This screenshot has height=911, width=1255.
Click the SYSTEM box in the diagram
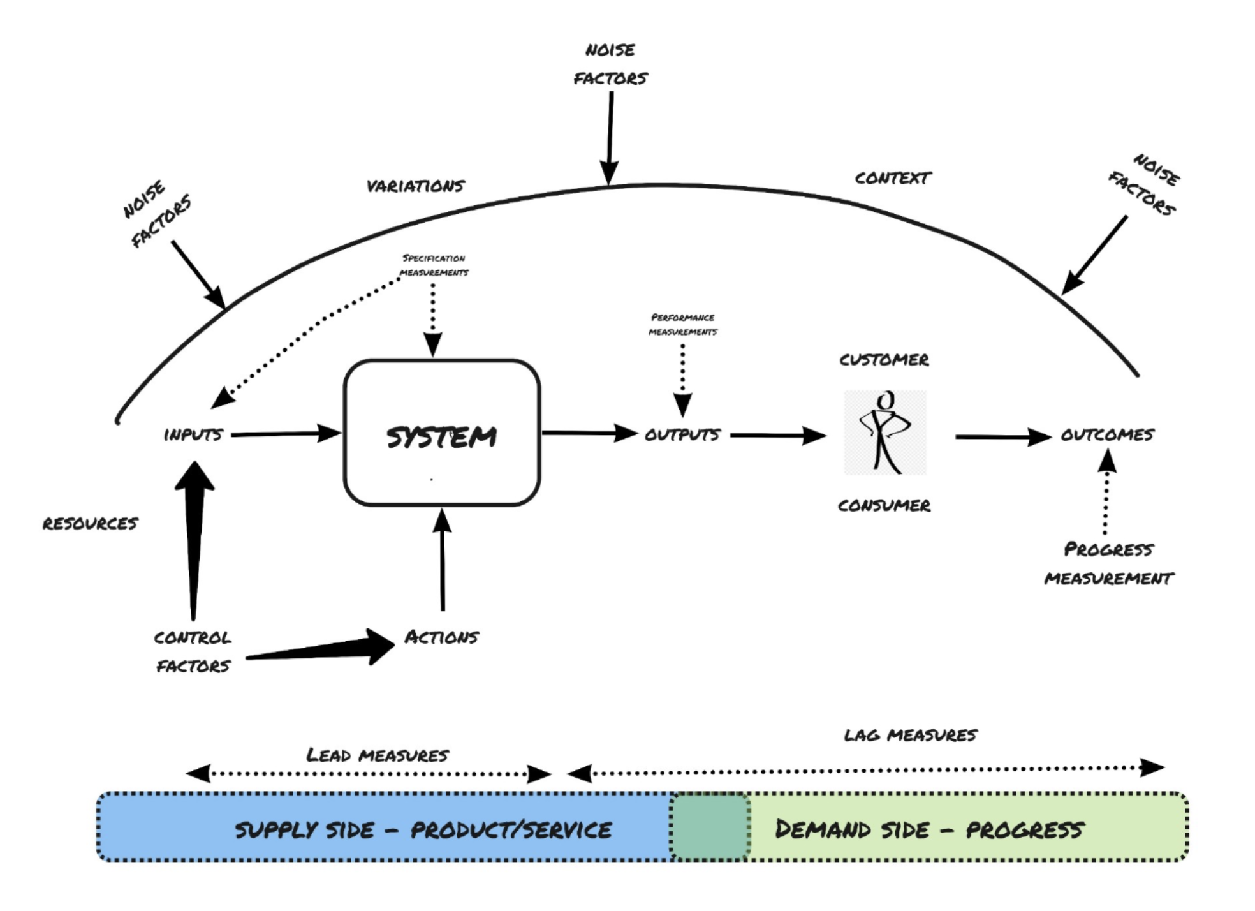[441, 433]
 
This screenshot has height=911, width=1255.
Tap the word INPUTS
[193, 434]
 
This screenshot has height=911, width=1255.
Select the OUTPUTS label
[682, 434]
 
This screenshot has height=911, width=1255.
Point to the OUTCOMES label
[1107, 435]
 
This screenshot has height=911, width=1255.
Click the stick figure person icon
[884, 432]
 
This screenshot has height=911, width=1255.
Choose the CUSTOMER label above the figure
[884, 360]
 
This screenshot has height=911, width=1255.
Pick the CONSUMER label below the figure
[884, 505]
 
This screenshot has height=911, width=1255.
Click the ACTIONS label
[441, 637]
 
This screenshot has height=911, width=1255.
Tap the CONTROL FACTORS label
[193, 651]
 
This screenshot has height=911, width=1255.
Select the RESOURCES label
[90, 523]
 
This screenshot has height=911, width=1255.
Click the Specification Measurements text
[434, 265]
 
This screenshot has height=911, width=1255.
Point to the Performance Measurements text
[682, 325]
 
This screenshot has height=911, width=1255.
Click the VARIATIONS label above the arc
[415, 186]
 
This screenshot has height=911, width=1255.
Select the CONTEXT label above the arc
[893, 178]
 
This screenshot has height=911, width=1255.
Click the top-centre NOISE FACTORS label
[610, 64]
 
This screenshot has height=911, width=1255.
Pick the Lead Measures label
[378, 755]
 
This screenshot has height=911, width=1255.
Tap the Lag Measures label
[910, 735]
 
